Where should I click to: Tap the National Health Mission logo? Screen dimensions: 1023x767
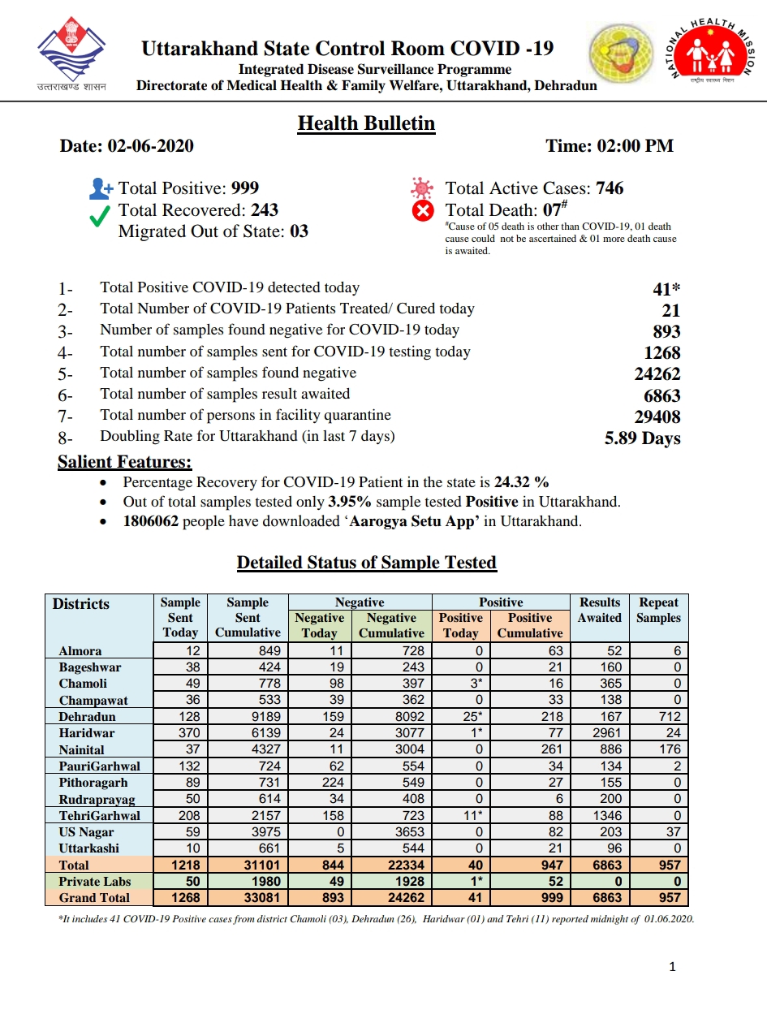pyautogui.click(x=711, y=52)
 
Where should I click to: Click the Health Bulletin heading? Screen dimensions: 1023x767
pyautogui.click(x=366, y=123)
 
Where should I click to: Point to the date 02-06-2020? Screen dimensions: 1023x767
pyautogui.click(x=150, y=146)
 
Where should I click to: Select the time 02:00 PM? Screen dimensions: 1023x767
pyautogui.click(x=635, y=146)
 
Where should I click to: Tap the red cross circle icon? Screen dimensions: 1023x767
pyautogui.click(x=423, y=211)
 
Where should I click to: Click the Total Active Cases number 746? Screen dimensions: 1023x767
pyautogui.click(x=610, y=188)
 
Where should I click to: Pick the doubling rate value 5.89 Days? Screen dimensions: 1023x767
pyautogui.click(x=642, y=438)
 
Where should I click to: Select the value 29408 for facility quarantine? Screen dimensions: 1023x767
pyautogui.click(x=657, y=417)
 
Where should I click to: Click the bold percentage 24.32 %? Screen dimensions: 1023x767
pyautogui.click(x=527, y=481)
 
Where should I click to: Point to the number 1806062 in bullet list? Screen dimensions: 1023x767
pyautogui.click(x=151, y=521)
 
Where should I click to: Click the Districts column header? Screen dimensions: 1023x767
pyautogui.click(x=81, y=604)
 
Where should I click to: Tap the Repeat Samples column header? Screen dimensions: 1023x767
pyautogui.click(x=658, y=610)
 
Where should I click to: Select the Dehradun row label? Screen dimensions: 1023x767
pyautogui.click(x=87, y=717)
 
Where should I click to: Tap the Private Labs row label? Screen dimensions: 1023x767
pyautogui.click(x=94, y=882)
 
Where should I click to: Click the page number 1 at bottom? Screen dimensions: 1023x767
pyautogui.click(x=673, y=966)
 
